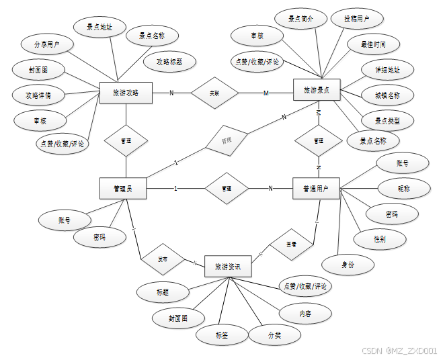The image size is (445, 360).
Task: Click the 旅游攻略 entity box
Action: [126, 93]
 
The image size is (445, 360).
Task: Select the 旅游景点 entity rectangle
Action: [317, 90]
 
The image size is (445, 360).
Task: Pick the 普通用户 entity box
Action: [316, 189]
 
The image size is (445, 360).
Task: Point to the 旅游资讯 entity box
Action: [228, 267]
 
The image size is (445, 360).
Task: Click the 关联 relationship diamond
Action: [214, 93]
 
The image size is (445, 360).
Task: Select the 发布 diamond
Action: [163, 259]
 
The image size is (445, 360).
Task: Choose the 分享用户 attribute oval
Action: [46, 46]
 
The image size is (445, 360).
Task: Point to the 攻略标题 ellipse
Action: [170, 61]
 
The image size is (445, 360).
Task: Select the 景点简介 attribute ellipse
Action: [300, 19]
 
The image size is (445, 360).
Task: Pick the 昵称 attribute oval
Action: [403, 189]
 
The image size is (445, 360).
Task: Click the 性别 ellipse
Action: [380, 238]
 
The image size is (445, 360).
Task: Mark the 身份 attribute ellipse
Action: [347, 265]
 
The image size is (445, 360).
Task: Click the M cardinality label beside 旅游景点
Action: [266, 93]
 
